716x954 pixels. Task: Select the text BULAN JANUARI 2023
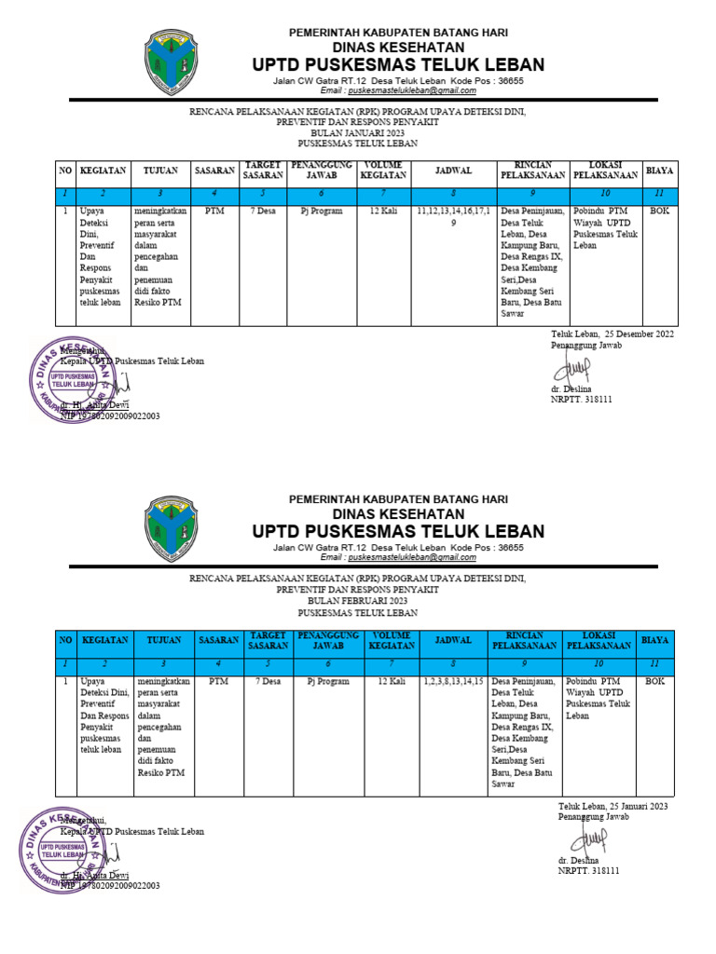(x=357, y=133)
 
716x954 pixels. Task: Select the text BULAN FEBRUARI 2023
(x=357, y=602)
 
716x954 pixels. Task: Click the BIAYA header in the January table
(x=660, y=170)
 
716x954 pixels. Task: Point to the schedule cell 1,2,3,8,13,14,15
(x=453, y=682)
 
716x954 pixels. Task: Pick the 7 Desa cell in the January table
(x=263, y=211)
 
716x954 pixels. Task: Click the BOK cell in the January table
(x=659, y=211)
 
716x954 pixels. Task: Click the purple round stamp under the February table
(x=63, y=850)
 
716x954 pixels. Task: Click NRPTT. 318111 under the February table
(x=588, y=870)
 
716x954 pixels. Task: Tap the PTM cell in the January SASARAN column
(x=215, y=211)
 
